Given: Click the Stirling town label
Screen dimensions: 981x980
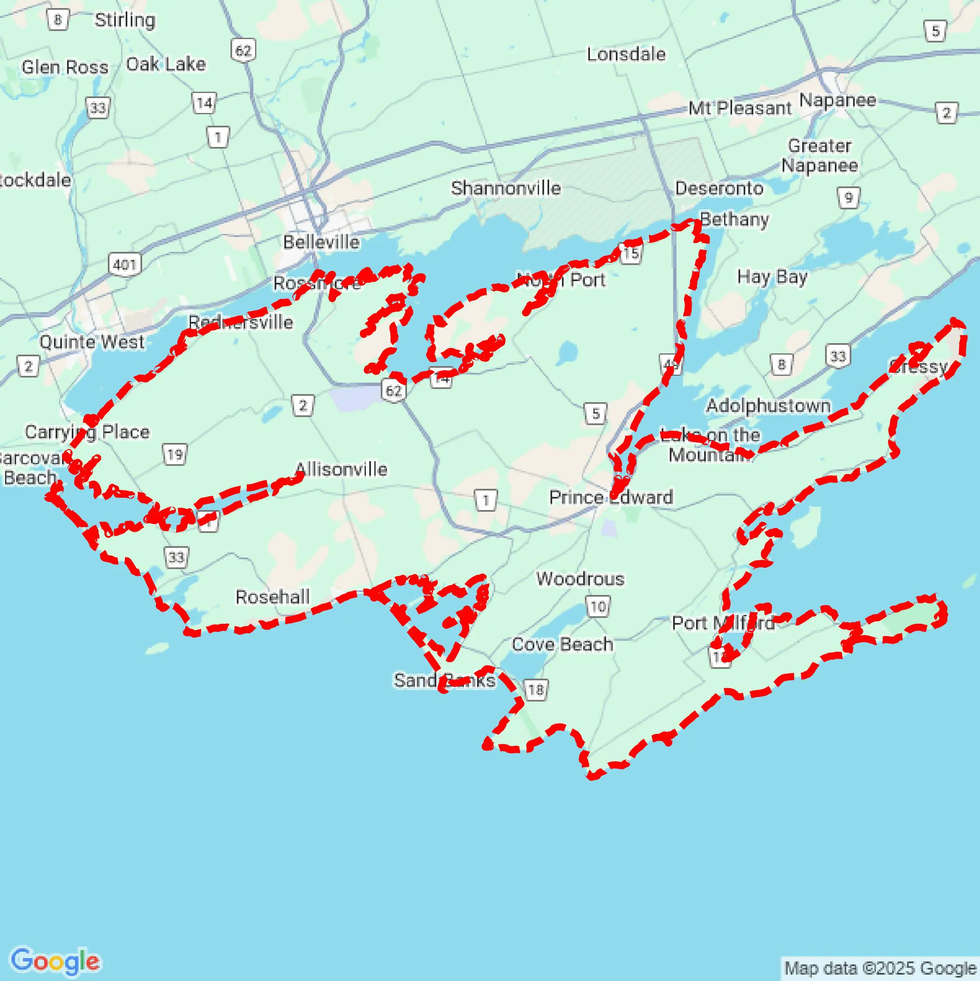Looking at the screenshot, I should point(125,20).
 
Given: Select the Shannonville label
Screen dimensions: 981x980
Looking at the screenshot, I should point(506,189).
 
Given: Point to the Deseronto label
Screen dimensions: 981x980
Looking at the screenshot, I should point(719,189).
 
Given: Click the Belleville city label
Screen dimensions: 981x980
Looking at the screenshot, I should point(321,242).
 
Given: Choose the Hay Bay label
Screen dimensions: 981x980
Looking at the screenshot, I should point(772,277).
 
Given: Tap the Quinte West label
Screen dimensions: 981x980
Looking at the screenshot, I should point(92,342).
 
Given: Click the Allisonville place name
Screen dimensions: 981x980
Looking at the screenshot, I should point(342,469).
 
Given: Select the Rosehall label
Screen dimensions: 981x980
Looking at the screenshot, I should point(272,597).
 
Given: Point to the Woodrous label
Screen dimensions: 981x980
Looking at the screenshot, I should point(580,579).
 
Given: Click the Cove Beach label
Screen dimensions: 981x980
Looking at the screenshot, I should point(562,644).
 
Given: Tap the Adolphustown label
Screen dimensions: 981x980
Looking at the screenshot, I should point(768,406).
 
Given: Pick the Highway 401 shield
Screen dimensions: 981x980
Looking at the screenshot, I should point(124,265).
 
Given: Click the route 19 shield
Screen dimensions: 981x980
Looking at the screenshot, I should point(174,454).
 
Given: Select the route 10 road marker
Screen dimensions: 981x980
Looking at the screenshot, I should point(598,606).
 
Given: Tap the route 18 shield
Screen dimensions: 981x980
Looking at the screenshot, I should point(536,690).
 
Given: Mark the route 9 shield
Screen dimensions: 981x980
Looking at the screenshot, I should point(848,197).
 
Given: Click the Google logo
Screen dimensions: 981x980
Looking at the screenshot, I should point(55,961).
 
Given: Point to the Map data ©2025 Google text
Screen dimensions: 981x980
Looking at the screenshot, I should point(881,968).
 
